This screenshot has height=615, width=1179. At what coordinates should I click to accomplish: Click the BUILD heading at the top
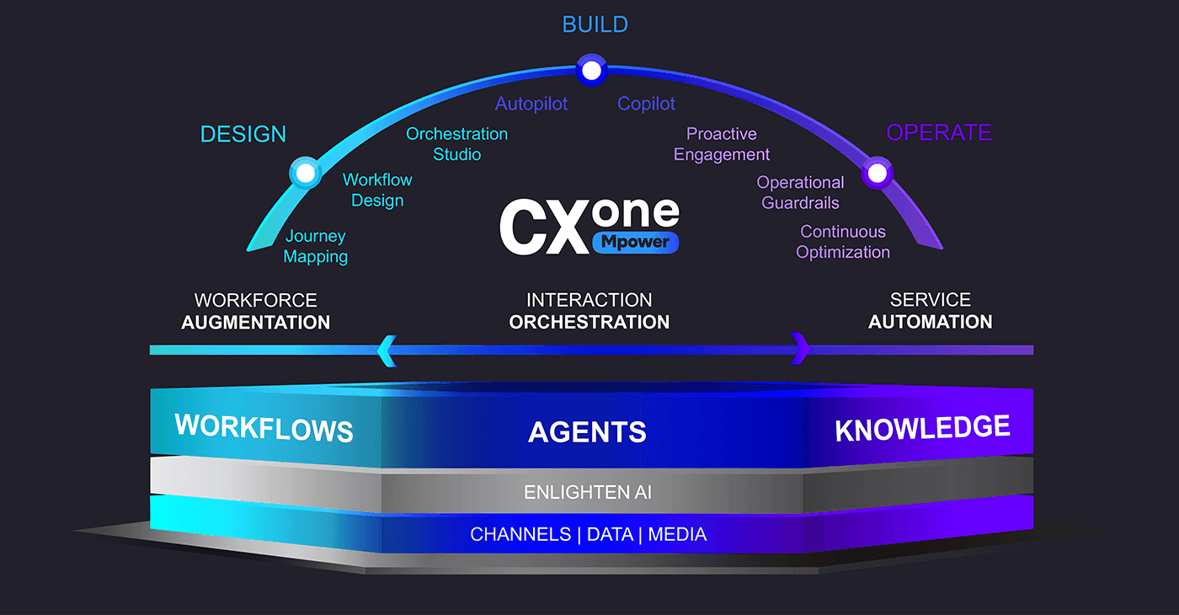(595, 24)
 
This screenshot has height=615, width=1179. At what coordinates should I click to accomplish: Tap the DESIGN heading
(243, 134)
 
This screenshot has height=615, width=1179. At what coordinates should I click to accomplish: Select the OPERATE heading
(939, 132)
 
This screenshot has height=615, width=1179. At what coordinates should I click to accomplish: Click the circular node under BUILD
(591, 70)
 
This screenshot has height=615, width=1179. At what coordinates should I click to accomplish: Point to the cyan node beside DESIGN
(305, 173)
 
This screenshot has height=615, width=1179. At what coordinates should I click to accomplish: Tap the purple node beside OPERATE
(877, 173)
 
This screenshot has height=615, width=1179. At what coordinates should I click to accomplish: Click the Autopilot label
(531, 104)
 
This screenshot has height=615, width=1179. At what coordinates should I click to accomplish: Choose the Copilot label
(646, 104)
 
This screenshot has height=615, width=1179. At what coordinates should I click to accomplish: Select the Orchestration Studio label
(456, 144)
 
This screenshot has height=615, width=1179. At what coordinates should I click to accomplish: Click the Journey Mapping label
(316, 246)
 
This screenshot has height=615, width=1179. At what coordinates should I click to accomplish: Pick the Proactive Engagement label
(722, 144)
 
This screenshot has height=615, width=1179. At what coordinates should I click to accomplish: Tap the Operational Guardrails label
(800, 192)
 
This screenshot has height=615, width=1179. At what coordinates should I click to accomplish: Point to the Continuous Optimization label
(843, 242)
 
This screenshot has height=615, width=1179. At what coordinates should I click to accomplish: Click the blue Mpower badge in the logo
(635, 243)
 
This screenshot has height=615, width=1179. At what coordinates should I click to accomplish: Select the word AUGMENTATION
(256, 322)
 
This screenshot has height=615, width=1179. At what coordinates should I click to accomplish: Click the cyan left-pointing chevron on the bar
(387, 350)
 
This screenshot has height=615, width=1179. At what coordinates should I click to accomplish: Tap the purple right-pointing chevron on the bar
(800, 348)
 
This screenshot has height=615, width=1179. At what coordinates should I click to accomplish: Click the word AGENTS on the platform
(588, 431)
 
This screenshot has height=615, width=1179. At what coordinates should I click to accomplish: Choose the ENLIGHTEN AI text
(588, 492)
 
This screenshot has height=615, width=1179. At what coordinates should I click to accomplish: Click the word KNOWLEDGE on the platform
(923, 428)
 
